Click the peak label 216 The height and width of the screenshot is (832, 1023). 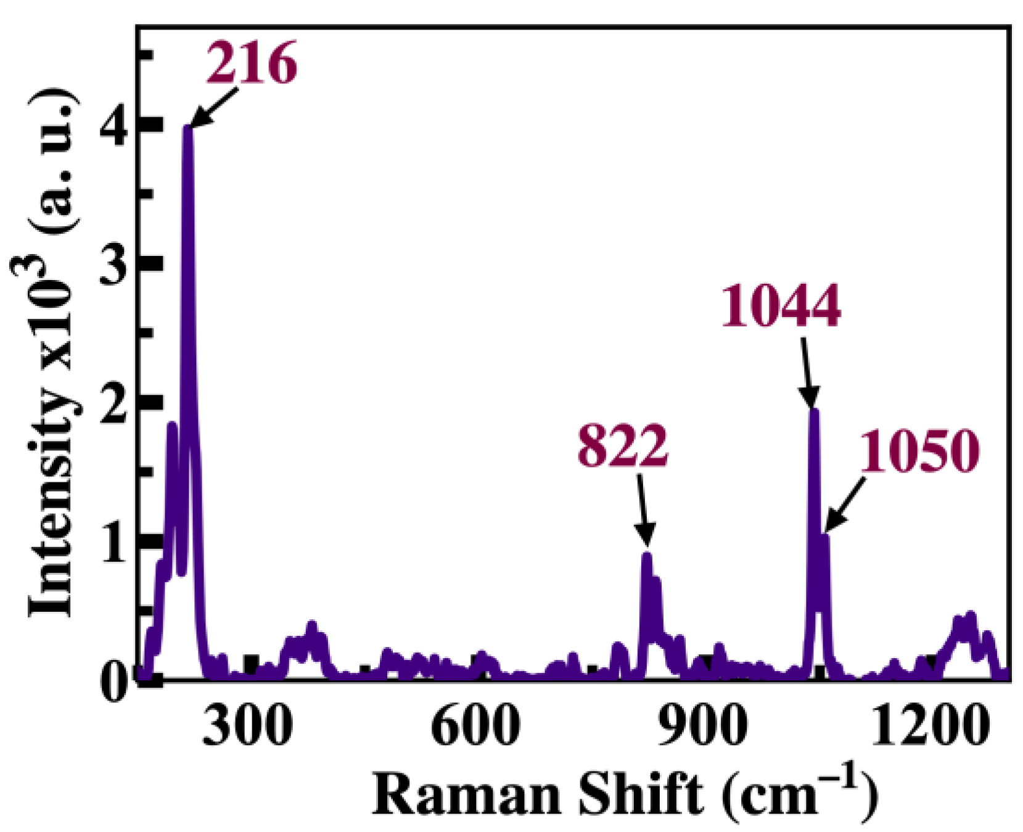click(252, 64)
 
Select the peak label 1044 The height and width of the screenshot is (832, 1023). click(781, 306)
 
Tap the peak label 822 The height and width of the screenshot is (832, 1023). click(623, 446)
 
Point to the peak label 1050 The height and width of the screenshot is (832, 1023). click(919, 451)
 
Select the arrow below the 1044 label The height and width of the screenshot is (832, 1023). click(807, 372)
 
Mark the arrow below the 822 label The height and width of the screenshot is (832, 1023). click(643, 508)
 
